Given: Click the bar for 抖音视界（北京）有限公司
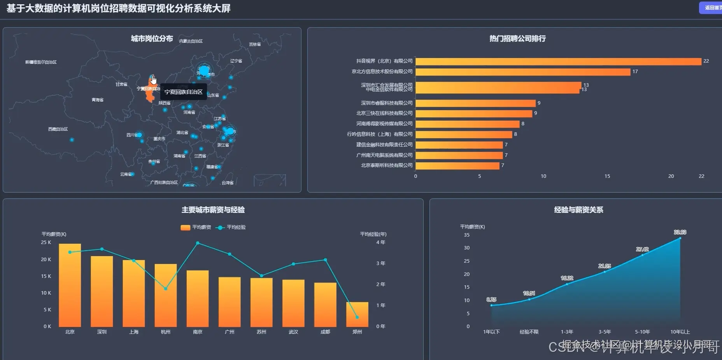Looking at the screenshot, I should point(558,61).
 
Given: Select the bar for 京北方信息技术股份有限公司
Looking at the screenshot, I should point(523,72).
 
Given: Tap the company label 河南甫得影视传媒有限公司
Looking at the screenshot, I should point(384,124).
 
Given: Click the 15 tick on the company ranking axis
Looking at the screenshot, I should point(607,176).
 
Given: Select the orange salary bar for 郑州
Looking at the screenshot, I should point(357,314).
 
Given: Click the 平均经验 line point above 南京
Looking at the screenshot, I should point(198,243).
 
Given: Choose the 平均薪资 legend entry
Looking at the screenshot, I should point(196,227).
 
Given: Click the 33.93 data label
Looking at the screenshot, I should point(680,232).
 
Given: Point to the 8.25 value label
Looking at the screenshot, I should point(491,300).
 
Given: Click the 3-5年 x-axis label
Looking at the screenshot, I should point(605,332).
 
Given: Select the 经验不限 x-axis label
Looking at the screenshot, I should point(529,332).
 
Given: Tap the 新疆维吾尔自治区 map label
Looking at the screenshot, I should point(41,62).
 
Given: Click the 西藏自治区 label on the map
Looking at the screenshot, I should point(58,129).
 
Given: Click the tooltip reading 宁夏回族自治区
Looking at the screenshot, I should point(183,92).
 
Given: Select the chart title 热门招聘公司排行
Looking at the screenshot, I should point(517,39).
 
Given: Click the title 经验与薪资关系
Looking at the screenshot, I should point(578,210).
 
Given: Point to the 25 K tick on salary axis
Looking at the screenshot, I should point(46,242).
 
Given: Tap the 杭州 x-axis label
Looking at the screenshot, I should point(166,332).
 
